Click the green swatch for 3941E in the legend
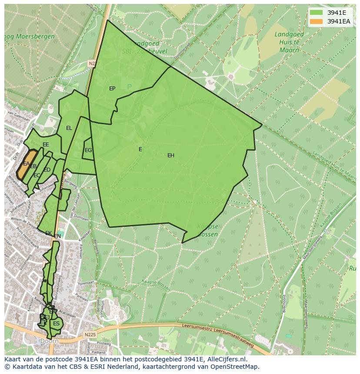pos(317,13)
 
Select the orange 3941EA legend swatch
pos(317,21)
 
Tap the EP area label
pos(112,89)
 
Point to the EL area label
pos(69,128)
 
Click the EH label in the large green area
pos(171,156)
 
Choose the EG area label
pos(88,150)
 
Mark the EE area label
pos(46,145)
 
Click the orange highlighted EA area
pos(27,164)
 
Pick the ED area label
pos(47,170)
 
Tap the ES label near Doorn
pos(56,324)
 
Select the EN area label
pos(57,236)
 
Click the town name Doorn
pos(49,341)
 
